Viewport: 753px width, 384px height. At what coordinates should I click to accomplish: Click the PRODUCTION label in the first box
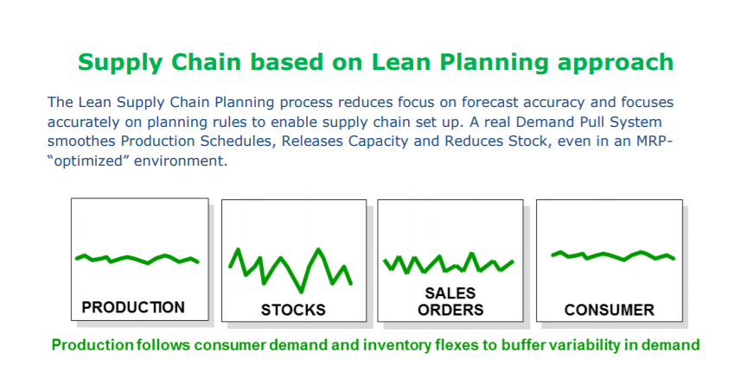click(133, 307)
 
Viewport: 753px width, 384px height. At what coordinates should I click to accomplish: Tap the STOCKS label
click(293, 310)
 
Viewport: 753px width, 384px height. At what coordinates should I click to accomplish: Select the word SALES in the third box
click(450, 293)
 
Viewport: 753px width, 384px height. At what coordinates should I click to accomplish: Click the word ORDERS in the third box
click(450, 310)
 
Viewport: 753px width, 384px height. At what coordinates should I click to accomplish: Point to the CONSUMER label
click(609, 310)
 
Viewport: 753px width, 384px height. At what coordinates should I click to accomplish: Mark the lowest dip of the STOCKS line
click(301, 292)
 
